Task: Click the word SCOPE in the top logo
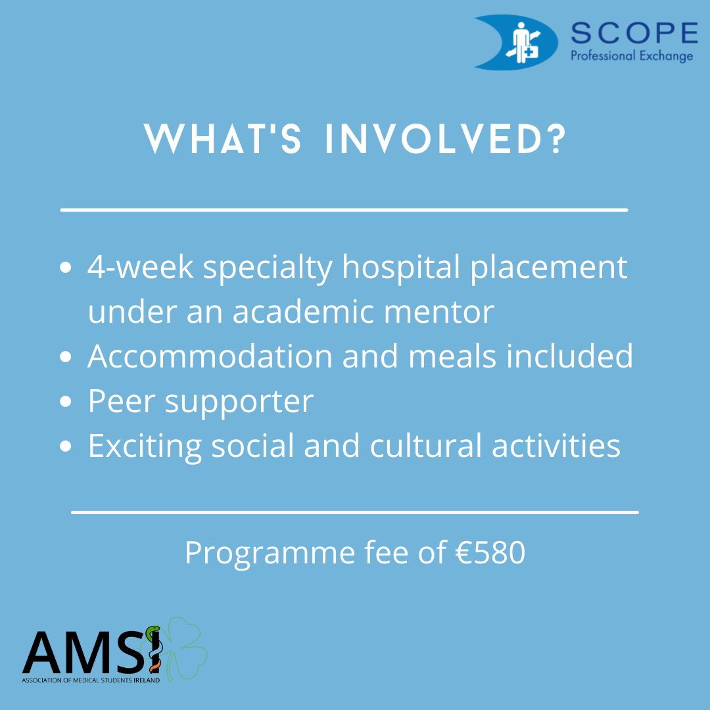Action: point(634,34)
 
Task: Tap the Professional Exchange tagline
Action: point(631,56)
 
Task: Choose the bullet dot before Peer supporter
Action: point(65,402)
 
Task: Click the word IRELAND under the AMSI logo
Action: point(145,680)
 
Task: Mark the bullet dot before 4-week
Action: point(65,269)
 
